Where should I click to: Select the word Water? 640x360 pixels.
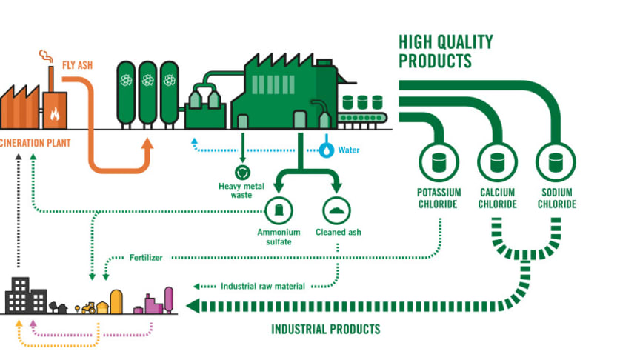pyautogui.click(x=348, y=150)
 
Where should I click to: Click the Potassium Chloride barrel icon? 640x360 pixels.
pyautogui.click(x=438, y=161)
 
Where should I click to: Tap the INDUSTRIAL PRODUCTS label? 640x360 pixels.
pyautogui.click(x=325, y=329)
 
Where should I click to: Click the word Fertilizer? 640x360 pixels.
pyautogui.click(x=145, y=258)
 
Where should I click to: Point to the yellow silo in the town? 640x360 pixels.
pyautogui.click(x=117, y=300)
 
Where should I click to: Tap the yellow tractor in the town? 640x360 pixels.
pyautogui.click(x=88, y=307)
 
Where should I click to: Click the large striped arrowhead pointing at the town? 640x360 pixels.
pyautogui.click(x=195, y=304)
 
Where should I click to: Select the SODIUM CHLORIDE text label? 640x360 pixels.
pyautogui.click(x=556, y=199)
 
